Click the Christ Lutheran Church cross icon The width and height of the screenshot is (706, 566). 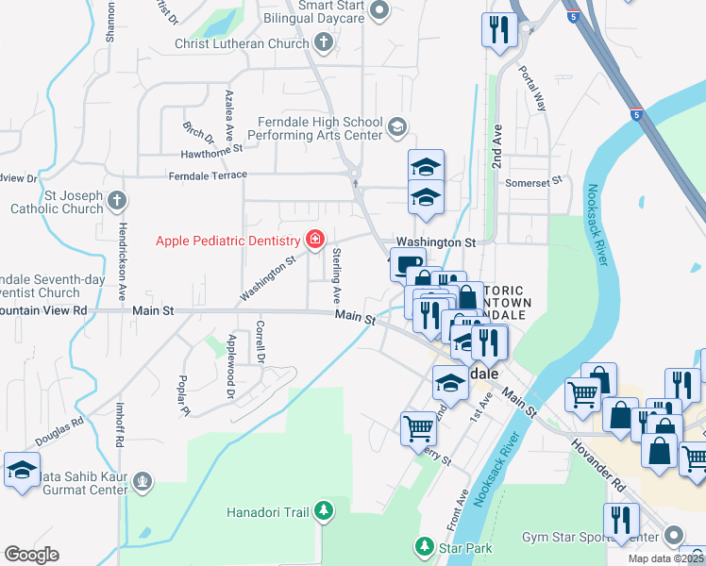point(324,42)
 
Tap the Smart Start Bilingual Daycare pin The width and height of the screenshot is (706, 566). point(379,10)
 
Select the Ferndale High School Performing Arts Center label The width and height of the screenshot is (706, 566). point(321,128)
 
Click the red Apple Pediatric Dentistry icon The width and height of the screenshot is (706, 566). point(313,240)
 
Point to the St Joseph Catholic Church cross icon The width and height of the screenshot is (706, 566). point(116,200)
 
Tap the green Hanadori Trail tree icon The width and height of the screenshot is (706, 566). point(324,511)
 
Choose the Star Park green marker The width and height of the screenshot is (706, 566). point(424,545)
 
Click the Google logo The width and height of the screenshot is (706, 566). point(31,555)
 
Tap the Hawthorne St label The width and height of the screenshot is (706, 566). point(212,148)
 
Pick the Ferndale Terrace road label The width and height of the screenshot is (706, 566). point(208,175)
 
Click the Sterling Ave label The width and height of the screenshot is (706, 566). point(337,275)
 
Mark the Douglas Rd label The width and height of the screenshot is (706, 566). point(59,432)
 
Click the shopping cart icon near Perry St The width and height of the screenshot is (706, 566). point(419,428)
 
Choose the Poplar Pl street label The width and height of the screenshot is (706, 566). point(182,396)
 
